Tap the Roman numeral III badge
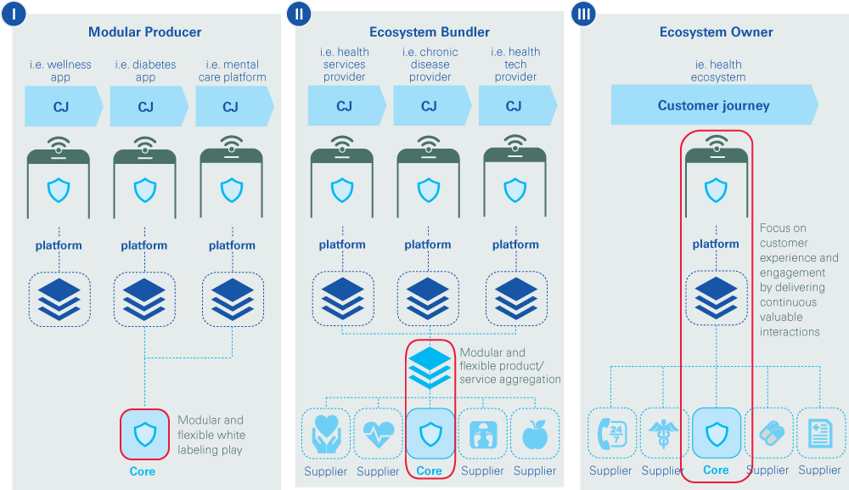584,14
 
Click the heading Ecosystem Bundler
430,32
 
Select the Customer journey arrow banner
713,106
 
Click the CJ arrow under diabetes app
145,107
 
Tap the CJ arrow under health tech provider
514,107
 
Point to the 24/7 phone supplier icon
611,433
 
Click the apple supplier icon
535,434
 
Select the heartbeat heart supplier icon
378,434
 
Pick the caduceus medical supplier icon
663,433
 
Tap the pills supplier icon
768,433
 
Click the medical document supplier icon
820,433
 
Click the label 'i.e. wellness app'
60,70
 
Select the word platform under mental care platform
232,245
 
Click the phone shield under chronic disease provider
429,189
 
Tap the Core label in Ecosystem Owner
716,470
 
